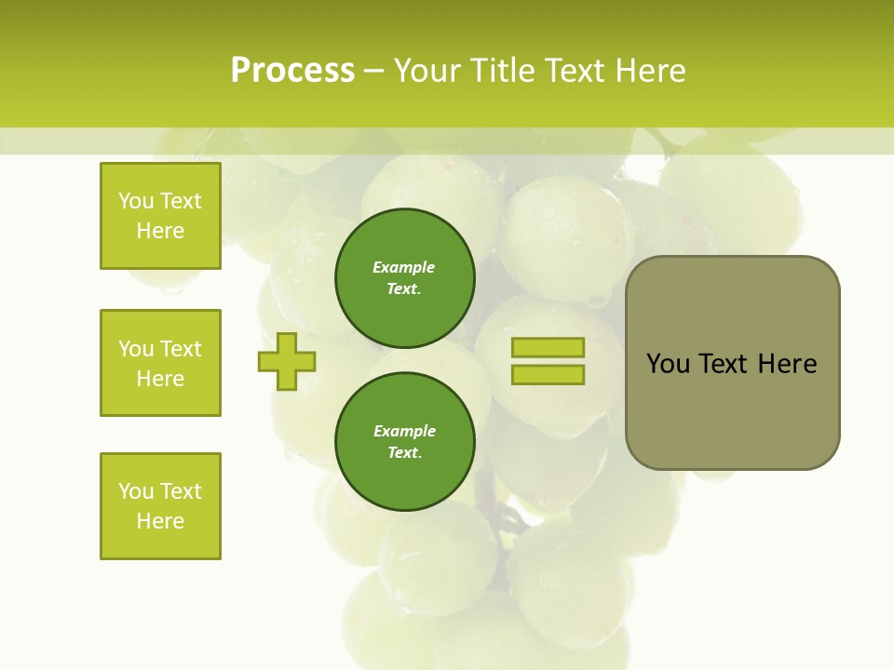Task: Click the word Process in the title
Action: tap(292, 71)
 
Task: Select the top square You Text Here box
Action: tap(160, 216)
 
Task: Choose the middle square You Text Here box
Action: tap(160, 363)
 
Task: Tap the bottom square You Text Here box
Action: tap(160, 506)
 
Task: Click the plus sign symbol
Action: tap(287, 361)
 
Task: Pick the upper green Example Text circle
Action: tap(404, 278)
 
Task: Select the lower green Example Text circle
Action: tap(404, 442)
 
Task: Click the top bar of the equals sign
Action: tap(548, 348)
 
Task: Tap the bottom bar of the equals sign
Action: tap(548, 375)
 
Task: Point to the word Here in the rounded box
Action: tap(787, 364)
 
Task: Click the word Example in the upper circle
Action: tap(404, 268)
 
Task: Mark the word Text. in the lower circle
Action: tap(404, 453)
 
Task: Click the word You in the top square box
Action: tap(136, 201)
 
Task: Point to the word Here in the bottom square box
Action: tap(160, 521)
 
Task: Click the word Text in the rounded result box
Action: tap(725, 364)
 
